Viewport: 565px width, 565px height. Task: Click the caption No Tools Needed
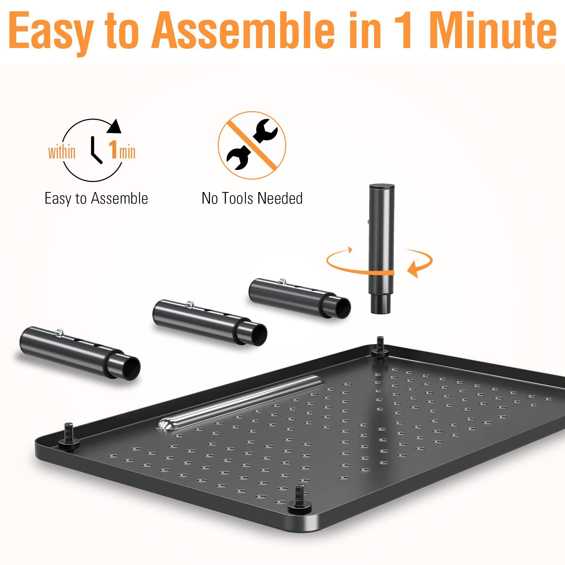pos(252,198)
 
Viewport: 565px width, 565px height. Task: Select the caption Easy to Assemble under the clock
pos(96,198)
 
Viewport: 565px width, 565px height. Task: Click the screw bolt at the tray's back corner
pos(380,344)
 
